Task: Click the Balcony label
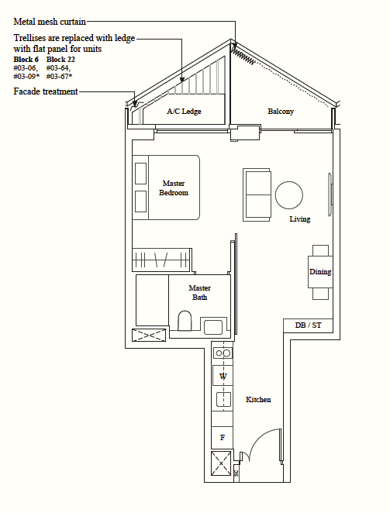pyautogui.click(x=281, y=112)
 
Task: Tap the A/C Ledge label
pyautogui.click(x=184, y=112)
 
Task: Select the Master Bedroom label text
pyautogui.click(x=174, y=188)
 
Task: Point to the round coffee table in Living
pyautogui.click(x=288, y=195)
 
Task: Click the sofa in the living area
pyautogui.click(x=257, y=195)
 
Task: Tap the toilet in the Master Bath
pyautogui.click(x=185, y=321)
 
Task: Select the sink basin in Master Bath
pyautogui.click(x=213, y=327)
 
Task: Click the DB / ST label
pyautogui.click(x=308, y=325)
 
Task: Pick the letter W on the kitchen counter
pyautogui.click(x=223, y=377)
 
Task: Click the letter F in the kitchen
pyautogui.click(x=223, y=437)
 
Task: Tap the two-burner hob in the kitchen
pyautogui.click(x=223, y=353)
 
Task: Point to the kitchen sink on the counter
pyautogui.click(x=223, y=399)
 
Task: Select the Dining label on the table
pyautogui.click(x=320, y=271)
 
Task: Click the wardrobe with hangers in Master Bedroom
pyautogui.click(x=161, y=260)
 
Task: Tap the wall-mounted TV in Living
pyautogui.click(x=330, y=195)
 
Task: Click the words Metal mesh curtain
pyautogui.click(x=50, y=22)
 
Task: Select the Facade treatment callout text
pyautogui.click(x=46, y=91)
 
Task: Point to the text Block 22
pyautogui.click(x=60, y=59)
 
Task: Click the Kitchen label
pyautogui.click(x=258, y=399)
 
